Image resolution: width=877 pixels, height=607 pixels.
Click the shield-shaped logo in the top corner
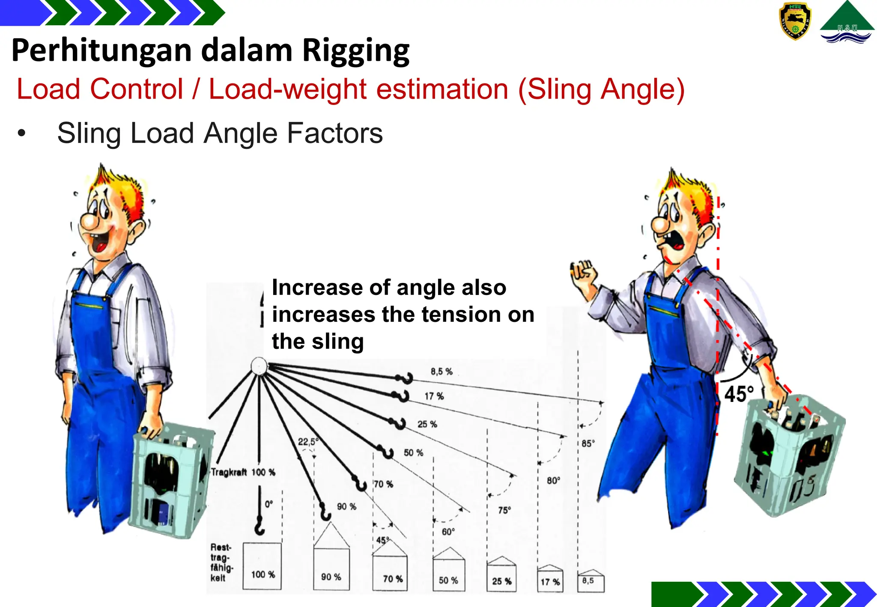pyautogui.click(x=795, y=21)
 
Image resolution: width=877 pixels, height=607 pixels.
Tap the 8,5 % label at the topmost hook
pyautogui.click(x=441, y=372)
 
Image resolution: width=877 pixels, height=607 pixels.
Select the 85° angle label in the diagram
pyautogui.click(x=588, y=443)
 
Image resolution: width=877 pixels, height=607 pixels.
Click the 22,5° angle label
pyautogui.click(x=308, y=442)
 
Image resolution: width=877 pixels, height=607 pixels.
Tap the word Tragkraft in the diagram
pyautogui.click(x=229, y=472)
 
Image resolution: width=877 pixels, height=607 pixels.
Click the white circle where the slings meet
pyautogui.click(x=259, y=366)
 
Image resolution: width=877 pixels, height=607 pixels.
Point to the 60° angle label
pyautogui.click(x=448, y=532)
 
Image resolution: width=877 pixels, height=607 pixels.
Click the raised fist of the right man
pyautogui.click(x=583, y=272)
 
